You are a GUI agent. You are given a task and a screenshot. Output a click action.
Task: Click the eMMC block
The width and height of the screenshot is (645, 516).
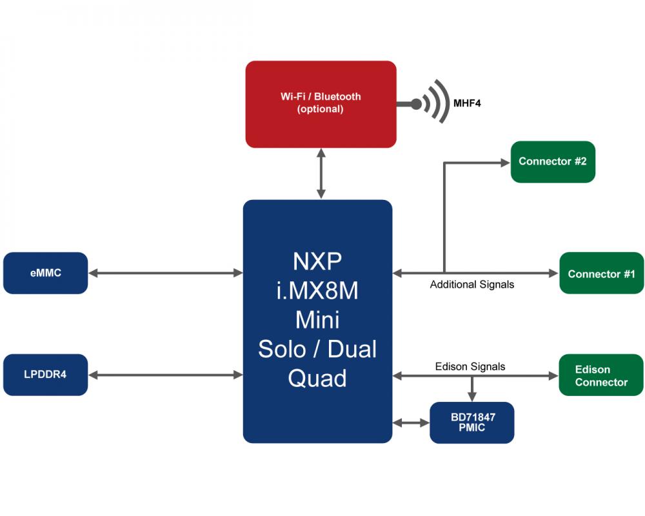tap(45, 273)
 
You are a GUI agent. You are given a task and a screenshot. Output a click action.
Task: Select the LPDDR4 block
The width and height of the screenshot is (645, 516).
tap(45, 375)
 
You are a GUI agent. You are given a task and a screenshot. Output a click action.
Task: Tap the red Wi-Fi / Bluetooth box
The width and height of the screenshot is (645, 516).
tap(321, 104)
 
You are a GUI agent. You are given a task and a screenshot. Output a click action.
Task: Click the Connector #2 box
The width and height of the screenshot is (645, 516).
tap(553, 162)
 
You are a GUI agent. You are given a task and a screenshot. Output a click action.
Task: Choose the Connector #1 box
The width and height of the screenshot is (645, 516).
tap(601, 273)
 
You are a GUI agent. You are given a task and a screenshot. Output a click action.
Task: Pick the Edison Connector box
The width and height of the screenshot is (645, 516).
tap(601, 375)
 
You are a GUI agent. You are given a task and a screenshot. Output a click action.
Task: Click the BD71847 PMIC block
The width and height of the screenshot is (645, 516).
tap(472, 422)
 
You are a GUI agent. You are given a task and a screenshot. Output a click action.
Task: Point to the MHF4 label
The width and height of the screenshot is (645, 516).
tap(467, 103)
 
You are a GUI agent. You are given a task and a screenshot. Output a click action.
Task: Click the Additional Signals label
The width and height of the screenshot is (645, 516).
tap(472, 284)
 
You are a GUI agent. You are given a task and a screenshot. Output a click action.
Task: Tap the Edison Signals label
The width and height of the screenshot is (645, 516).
tap(470, 366)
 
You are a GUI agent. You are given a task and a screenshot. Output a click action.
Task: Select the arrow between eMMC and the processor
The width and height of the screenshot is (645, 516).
tap(165, 273)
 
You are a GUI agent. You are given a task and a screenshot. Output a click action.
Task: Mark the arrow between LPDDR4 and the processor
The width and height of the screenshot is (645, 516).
tap(165, 375)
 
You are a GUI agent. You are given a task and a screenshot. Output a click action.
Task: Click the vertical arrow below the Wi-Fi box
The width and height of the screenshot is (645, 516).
tap(321, 174)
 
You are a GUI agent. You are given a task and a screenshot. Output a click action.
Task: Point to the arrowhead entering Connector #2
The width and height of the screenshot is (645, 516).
tap(505, 163)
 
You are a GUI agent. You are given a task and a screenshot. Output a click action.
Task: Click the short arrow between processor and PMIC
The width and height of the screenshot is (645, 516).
tap(411, 422)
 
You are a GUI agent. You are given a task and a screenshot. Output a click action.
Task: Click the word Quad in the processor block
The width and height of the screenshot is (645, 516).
tap(317, 378)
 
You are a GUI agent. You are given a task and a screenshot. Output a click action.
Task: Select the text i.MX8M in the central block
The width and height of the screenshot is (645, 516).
tap(317, 290)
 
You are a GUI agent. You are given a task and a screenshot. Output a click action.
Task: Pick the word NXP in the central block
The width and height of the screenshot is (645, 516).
tap(317, 261)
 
